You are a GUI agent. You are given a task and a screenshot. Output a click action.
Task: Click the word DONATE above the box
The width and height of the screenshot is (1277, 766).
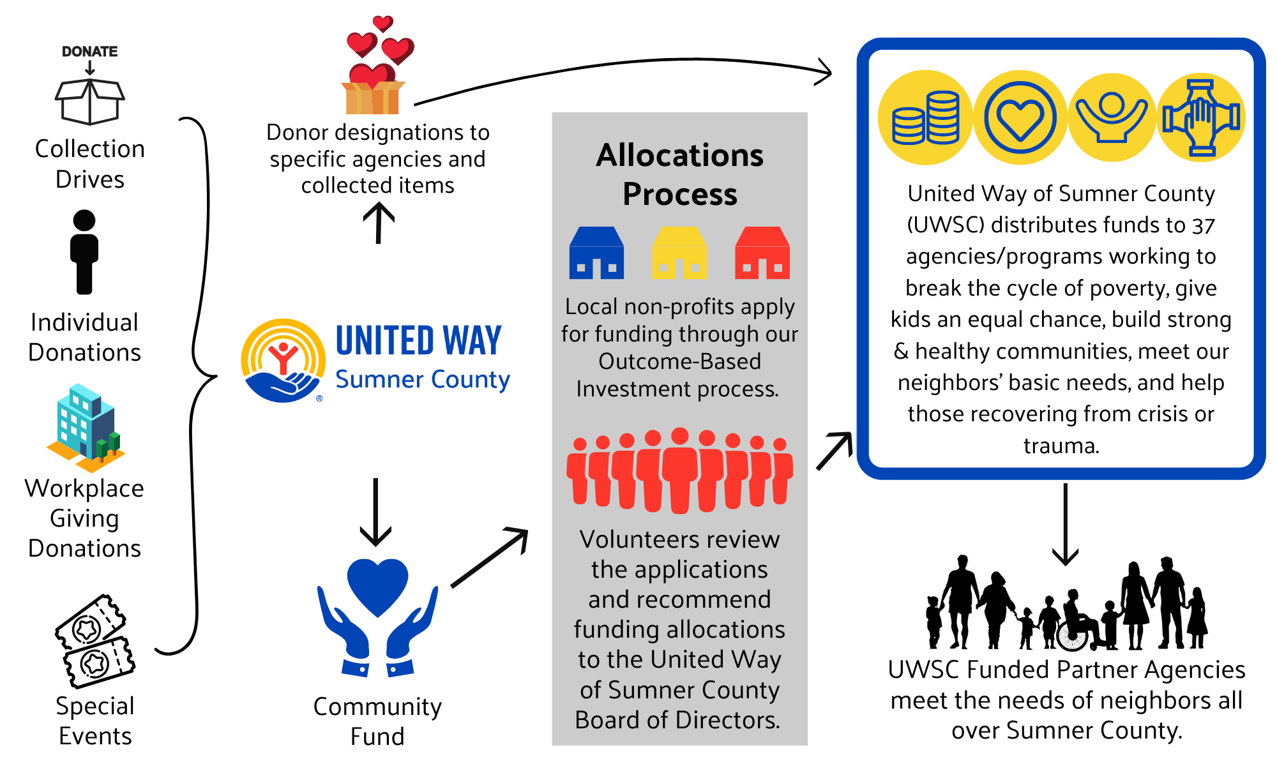[89, 52]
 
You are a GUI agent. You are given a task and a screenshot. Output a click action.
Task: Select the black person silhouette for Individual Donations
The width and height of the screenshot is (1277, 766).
[84, 252]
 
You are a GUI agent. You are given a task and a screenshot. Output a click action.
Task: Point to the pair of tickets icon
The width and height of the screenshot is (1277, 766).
[95, 641]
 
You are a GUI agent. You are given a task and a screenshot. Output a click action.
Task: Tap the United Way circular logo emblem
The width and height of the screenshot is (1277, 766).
[283, 361]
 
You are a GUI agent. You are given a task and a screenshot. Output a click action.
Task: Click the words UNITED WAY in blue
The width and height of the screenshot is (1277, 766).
[418, 341]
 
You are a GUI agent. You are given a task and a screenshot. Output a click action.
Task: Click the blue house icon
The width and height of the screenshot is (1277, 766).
[596, 253]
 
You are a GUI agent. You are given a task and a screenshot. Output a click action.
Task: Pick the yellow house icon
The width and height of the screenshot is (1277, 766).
[679, 253]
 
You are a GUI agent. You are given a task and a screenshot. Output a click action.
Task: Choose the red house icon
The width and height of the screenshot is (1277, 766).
[762, 253]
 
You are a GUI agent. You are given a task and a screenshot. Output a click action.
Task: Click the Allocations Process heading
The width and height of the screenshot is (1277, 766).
[679, 174]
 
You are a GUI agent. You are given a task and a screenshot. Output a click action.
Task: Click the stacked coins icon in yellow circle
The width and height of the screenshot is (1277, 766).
[925, 117]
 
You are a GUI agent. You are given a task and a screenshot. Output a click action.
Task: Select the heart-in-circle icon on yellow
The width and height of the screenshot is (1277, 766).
[1020, 117]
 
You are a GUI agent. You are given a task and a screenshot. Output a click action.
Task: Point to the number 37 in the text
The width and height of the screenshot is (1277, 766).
[1204, 226]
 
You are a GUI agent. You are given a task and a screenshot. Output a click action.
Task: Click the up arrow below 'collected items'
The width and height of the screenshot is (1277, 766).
[379, 223]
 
